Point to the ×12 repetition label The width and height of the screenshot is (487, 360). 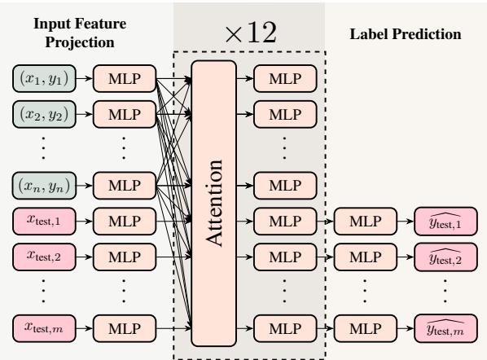248,35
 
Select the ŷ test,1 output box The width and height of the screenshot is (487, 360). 445,220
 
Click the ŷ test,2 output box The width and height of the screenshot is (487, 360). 445,258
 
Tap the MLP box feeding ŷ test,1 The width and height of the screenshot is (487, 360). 362,220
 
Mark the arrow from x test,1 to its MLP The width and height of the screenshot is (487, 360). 85,220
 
